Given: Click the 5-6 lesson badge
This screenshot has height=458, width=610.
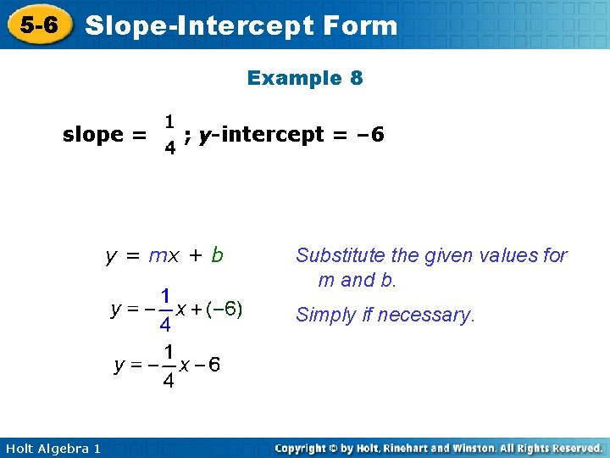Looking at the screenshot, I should (39, 25).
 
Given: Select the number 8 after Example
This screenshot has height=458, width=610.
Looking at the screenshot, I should (355, 79).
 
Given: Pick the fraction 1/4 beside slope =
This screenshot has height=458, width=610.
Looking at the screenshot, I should (170, 135).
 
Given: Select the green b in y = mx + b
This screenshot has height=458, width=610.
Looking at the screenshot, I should (218, 254).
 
